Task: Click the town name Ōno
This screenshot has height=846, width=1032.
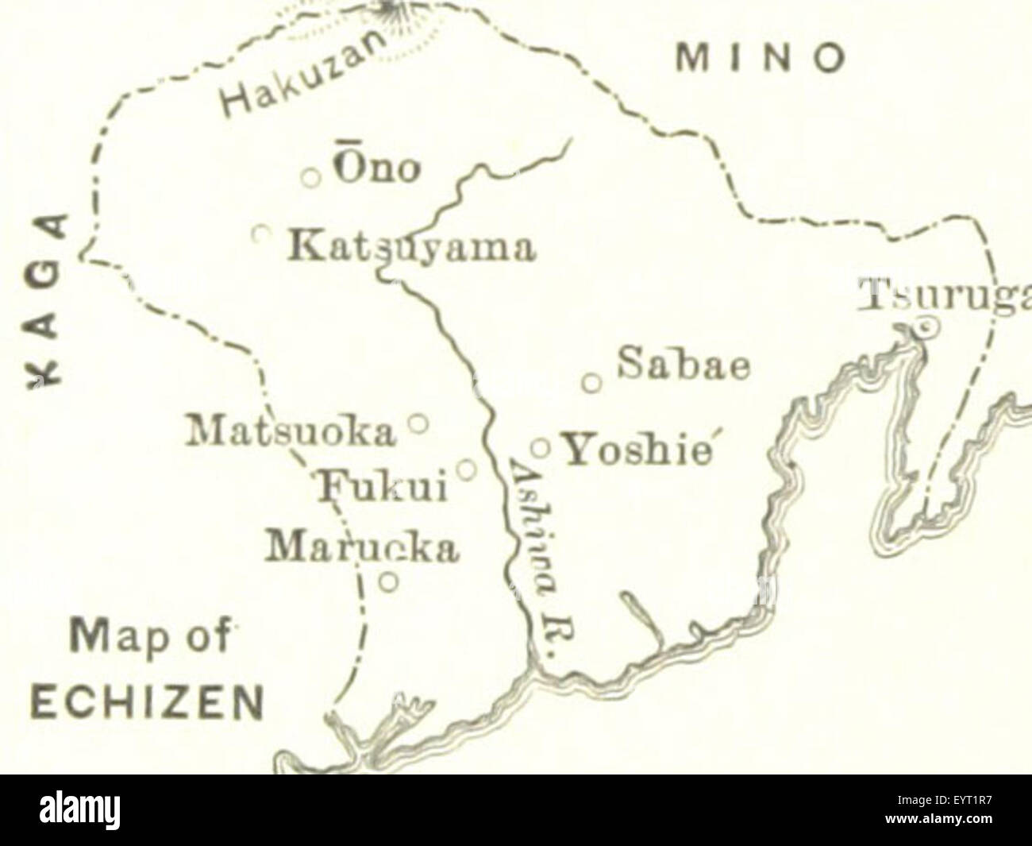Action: coord(376,169)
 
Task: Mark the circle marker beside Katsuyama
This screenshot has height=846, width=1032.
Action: coord(261,234)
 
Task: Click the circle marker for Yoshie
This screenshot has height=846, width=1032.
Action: coord(541,447)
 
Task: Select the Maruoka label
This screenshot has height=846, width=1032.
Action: coord(363,547)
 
